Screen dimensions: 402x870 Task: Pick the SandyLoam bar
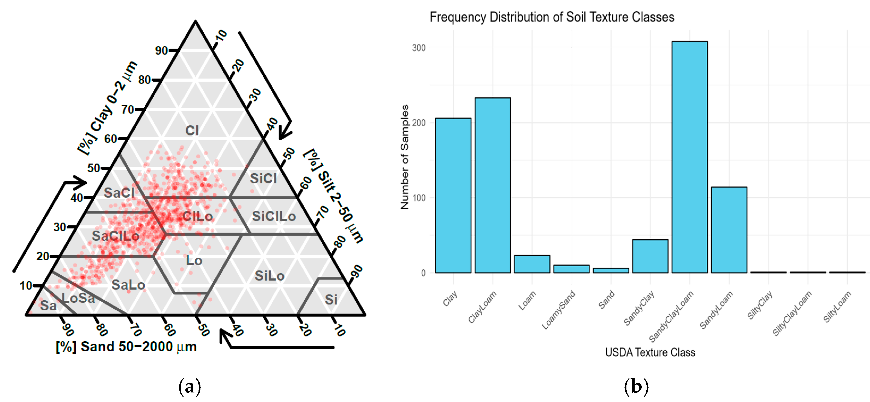point(729,230)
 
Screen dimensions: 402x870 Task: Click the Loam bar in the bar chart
point(532,264)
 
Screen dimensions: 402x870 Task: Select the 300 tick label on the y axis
point(419,48)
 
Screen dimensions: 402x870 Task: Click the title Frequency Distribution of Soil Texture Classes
point(552,17)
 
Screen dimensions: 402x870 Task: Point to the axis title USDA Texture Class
point(650,352)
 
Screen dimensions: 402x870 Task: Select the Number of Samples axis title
point(405,157)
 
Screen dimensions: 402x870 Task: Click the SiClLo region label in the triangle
point(274,216)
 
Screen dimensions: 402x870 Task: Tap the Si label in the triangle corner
point(331,299)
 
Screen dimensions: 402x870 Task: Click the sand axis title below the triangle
point(126,347)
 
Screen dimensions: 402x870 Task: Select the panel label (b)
point(636,386)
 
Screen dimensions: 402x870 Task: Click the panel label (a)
point(190,386)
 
